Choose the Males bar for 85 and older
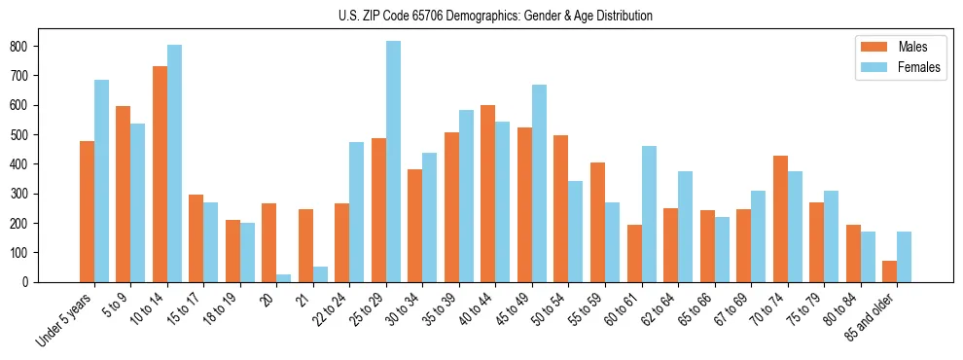click(889, 271)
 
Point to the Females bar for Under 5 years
click(101, 181)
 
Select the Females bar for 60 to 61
click(649, 214)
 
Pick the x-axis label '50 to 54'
click(548, 310)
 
